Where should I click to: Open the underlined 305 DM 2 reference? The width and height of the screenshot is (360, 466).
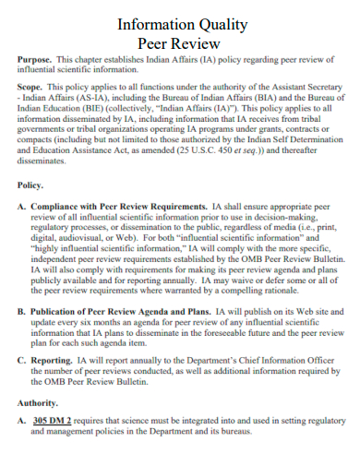pos(52,420)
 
